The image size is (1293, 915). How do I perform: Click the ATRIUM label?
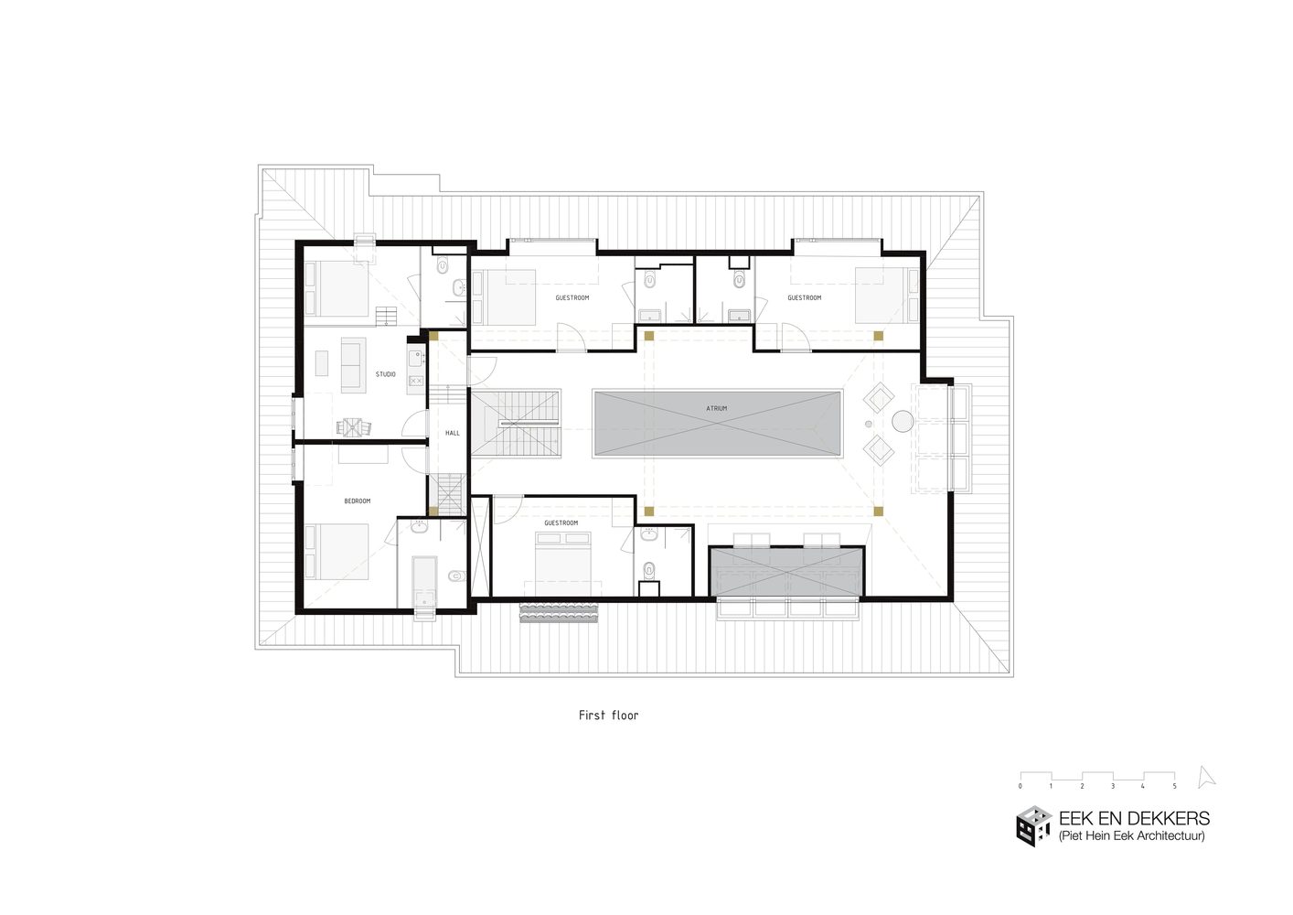tap(716, 409)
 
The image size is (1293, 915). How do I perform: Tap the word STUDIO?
tap(385, 374)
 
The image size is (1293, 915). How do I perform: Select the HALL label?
tap(453, 433)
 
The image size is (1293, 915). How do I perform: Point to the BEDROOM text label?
tap(357, 501)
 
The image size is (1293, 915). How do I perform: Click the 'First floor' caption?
tap(608, 716)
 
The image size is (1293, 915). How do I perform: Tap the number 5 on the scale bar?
tap(1174, 786)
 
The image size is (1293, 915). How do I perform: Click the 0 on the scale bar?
tap(1021, 786)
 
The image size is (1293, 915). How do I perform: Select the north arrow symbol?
tap(1207, 777)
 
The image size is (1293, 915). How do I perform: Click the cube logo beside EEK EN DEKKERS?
tap(1033, 826)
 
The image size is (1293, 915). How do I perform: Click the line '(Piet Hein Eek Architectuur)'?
tap(1131, 836)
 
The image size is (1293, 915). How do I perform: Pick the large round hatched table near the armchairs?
tap(903, 422)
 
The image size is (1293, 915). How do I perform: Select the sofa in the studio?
tap(353, 364)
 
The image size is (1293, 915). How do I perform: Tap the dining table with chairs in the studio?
tap(353, 426)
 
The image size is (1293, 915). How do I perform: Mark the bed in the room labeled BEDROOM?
tap(338, 552)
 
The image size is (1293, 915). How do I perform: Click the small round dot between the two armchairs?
tap(869, 424)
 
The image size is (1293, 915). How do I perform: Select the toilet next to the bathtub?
tap(455, 576)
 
